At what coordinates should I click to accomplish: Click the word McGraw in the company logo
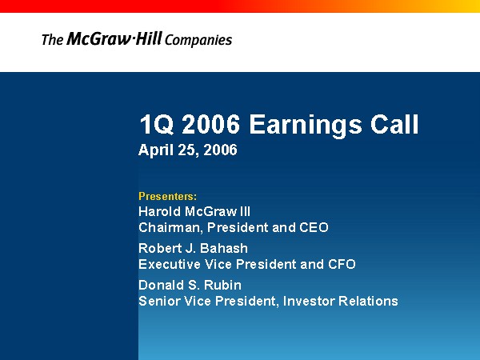(98, 38)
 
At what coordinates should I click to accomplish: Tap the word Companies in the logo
(198, 40)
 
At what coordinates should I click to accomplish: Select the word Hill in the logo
(148, 38)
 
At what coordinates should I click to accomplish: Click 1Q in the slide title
(157, 124)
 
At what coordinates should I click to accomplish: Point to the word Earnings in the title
(306, 125)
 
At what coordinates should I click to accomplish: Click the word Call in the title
(394, 124)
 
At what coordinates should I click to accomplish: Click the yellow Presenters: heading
(168, 196)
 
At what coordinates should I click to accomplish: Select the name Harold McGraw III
(194, 211)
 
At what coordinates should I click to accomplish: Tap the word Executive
(170, 264)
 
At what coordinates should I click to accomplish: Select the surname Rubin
(222, 286)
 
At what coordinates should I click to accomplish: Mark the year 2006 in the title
(211, 124)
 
